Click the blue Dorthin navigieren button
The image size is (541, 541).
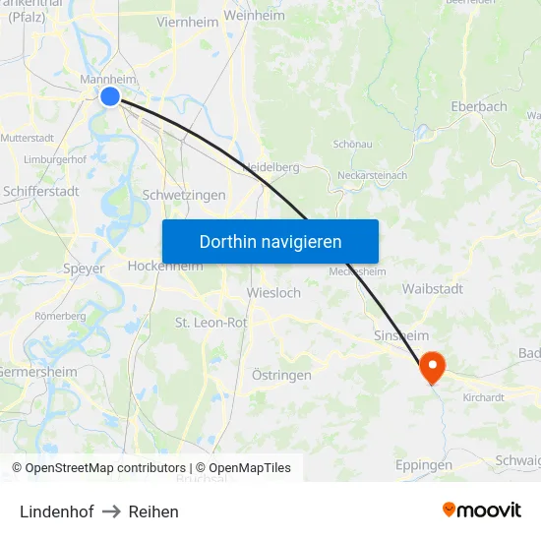(270, 241)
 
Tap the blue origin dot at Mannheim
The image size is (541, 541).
(109, 95)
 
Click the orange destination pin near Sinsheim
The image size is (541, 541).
(431, 368)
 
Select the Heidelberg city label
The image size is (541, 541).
(270, 167)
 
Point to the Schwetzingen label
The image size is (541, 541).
(184, 195)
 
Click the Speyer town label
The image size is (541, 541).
(84, 269)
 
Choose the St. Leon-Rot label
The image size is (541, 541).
(210, 322)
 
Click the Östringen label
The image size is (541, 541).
(281, 375)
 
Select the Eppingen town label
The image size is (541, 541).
(423, 464)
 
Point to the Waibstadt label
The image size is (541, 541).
(433, 289)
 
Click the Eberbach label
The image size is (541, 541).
(478, 106)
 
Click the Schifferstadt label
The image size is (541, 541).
(41, 191)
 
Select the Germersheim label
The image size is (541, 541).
(37, 372)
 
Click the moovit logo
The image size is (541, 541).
(482, 510)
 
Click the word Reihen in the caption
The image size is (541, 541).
(153, 511)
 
